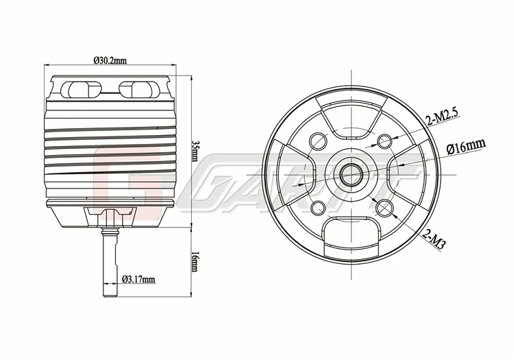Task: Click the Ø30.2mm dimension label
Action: coord(110,60)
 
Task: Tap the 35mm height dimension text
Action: coord(195,151)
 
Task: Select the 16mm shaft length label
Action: coord(195,262)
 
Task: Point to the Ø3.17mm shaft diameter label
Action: coord(138,279)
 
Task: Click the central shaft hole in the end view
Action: coord(351,174)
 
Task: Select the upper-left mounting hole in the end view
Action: coord(318,141)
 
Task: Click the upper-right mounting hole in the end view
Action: coord(384,141)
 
